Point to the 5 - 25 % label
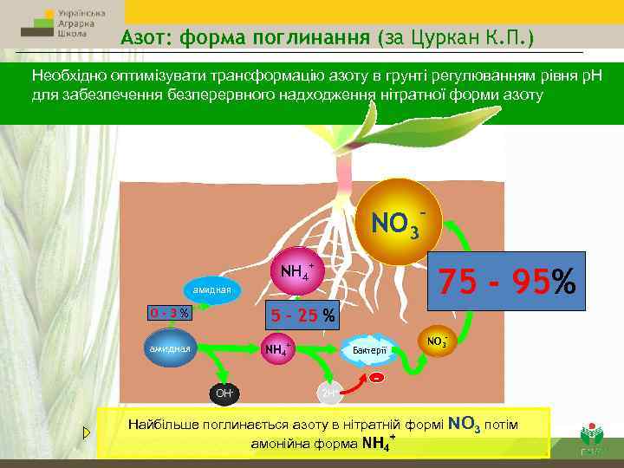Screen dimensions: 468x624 [x=302, y=315]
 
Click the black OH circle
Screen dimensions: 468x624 [x=223, y=393]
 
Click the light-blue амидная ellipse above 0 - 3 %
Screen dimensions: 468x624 [x=211, y=289]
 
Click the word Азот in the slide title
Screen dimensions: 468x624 [x=144, y=38]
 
